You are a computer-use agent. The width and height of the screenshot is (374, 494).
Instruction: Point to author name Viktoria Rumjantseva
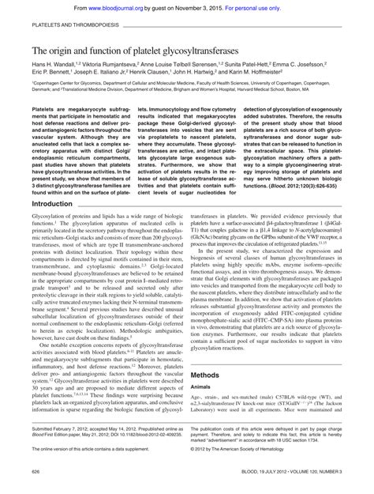[x=122, y=64]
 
